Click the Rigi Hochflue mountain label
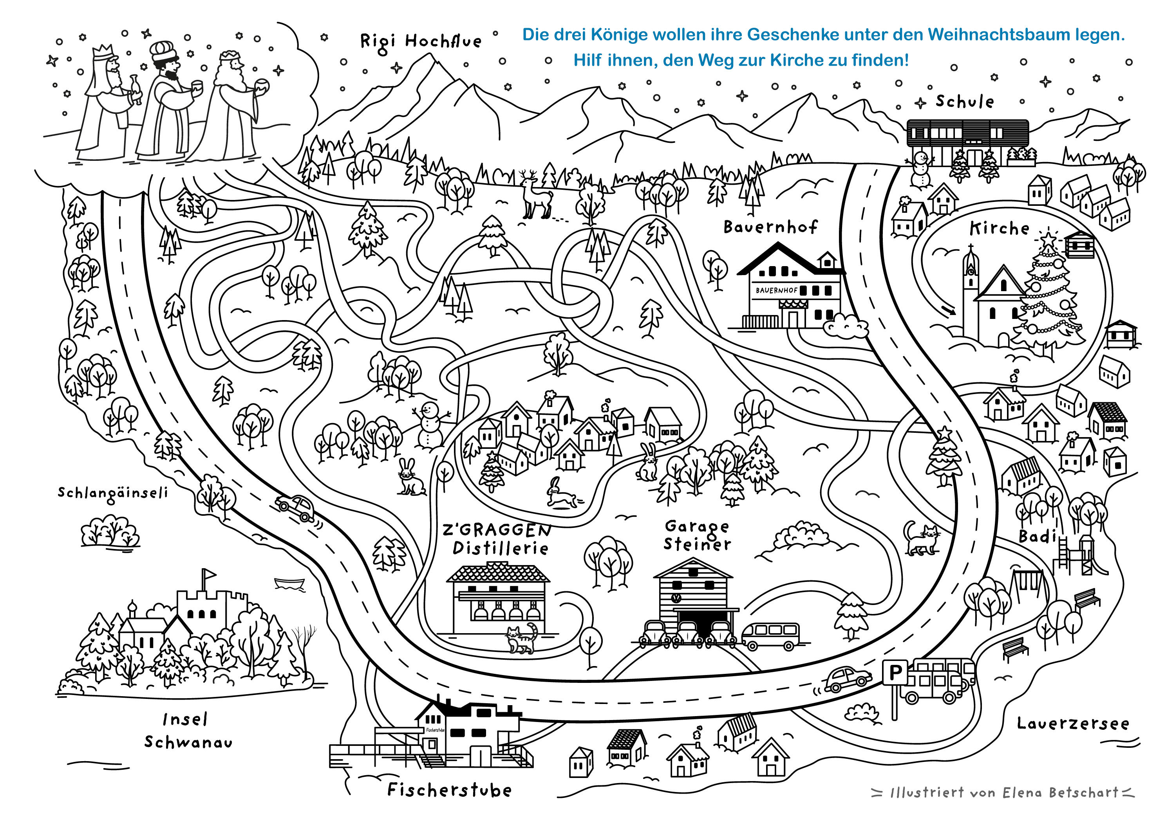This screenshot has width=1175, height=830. (421, 41)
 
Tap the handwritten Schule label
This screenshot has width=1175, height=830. (965, 101)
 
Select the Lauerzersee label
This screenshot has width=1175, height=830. (1072, 724)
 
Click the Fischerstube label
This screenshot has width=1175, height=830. (449, 790)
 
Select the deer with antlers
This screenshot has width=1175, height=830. (535, 194)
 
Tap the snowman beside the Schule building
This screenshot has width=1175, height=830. (921, 169)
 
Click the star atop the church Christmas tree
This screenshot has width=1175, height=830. (1048, 238)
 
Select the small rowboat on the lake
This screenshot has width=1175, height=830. (289, 583)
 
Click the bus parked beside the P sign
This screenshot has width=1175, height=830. (939, 680)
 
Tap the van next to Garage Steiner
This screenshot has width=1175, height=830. (770, 636)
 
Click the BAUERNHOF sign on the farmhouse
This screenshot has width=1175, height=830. (776, 290)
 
